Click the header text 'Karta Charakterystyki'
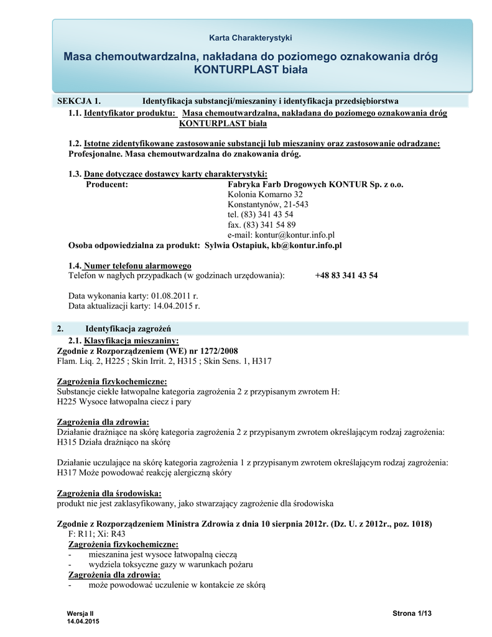click(250, 38)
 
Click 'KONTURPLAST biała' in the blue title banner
click(251, 70)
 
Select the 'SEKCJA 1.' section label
click(78, 101)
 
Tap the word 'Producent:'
click(107, 184)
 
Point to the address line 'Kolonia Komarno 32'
click(265, 195)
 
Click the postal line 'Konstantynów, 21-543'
click(268, 205)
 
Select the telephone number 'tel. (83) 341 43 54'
click(261, 215)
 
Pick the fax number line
click(261, 225)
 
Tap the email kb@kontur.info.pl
click(306, 246)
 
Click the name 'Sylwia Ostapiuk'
click(236, 246)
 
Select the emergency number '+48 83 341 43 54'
click(346, 276)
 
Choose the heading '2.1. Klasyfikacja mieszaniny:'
click(123, 340)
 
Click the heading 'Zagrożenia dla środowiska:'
click(109, 493)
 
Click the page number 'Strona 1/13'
click(412, 613)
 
